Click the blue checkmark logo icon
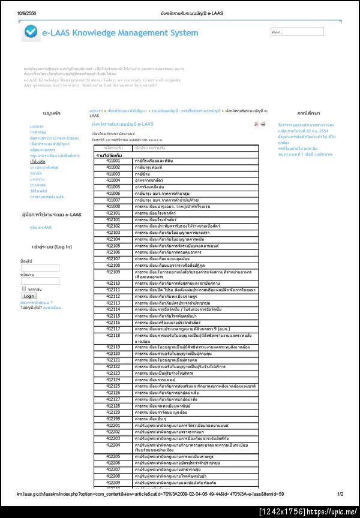tap(31, 33)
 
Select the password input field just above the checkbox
tap(40, 281)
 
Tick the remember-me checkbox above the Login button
tap(23, 289)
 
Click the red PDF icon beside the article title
tap(256, 124)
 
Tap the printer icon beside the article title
tap(263, 124)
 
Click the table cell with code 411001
tap(113, 161)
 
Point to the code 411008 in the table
tap(113, 206)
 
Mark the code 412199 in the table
tap(113, 418)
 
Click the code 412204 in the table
tap(113, 445)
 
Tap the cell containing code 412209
tap(113, 482)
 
